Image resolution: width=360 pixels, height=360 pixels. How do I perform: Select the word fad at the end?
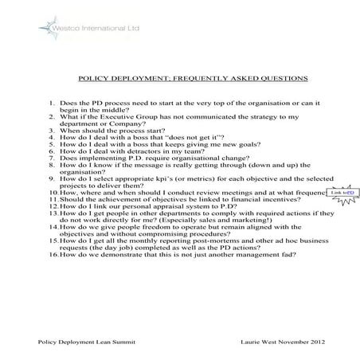tap(290, 254)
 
